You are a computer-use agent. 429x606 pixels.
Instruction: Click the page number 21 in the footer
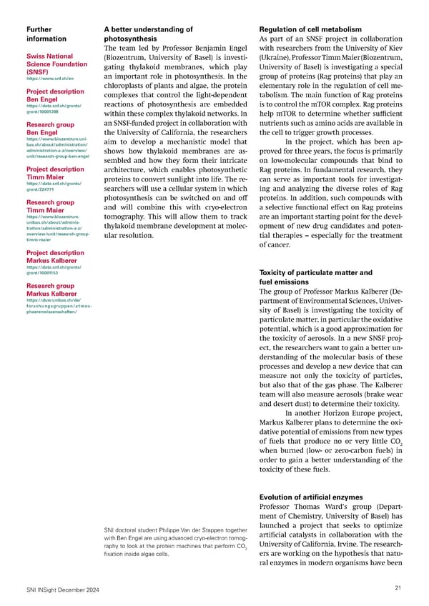click(x=398, y=587)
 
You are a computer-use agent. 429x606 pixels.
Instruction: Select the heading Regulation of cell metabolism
click(x=313, y=29)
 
